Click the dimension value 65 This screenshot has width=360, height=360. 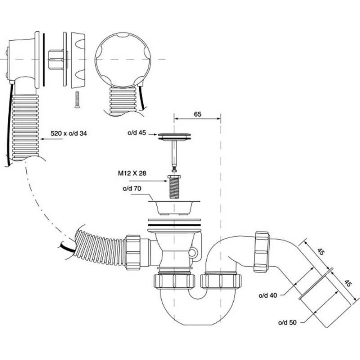click(x=197, y=114)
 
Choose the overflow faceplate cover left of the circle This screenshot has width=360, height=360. click(x=77, y=59)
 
